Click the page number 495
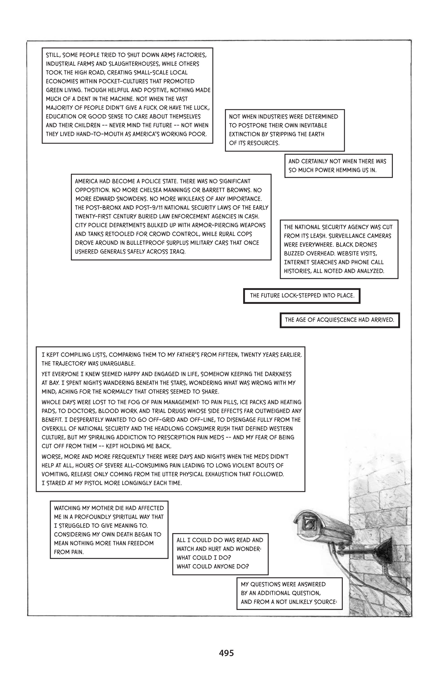226,653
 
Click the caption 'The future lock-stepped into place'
302,296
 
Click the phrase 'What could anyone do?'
213,566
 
